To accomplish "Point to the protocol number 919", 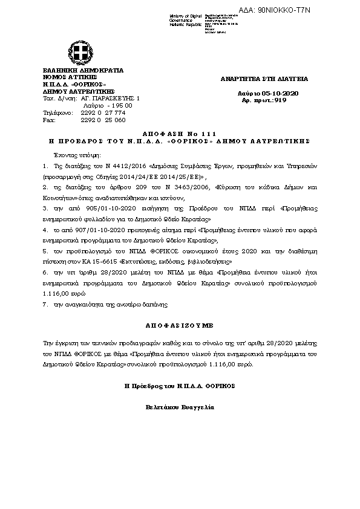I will coord(280,100).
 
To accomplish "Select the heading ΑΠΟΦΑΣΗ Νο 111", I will coord(180,133).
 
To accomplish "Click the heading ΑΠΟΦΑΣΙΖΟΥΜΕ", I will coord(180,323).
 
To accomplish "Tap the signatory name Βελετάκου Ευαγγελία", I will coord(180,407).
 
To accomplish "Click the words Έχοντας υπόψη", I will coord(70,155).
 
